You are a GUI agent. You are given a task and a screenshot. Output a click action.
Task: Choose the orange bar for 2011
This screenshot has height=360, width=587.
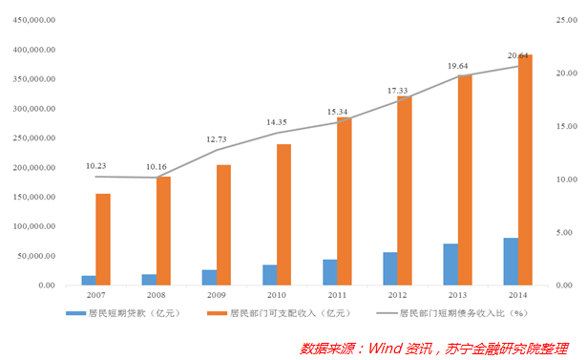[345, 201]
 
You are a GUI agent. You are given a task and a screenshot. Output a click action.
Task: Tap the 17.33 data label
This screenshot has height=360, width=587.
[398, 91]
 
